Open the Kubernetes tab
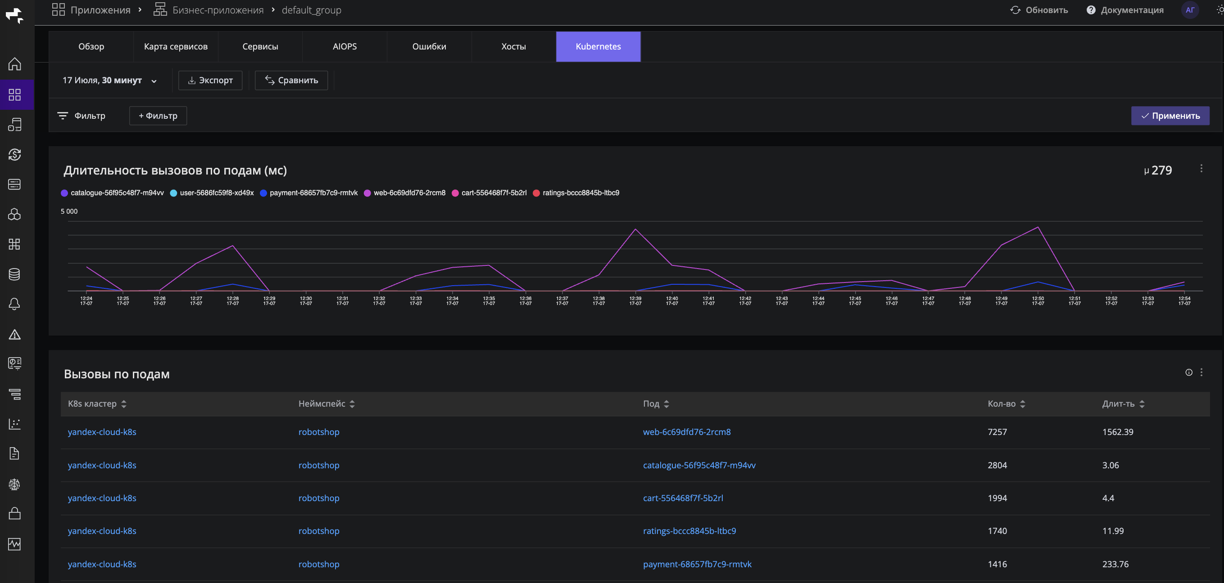pyautogui.click(x=598, y=46)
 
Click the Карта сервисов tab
pyautogui.click(x=176, y=46)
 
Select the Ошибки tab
pyautogui.click(x=429, y=46)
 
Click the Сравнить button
pyautogui.click(x=291, y=80)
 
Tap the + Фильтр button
pyautogui.click(x=158, y=116)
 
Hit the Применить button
pyautogui.click(x=1170, y=116)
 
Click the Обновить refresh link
pyautogui.click(x=1039, y=10)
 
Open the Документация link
pyautogui.click(x=1125, y=10)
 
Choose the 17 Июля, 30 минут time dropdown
pyautogui.click(x=109, y=80)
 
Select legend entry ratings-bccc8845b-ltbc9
pyautogui.click(x=576, y=193)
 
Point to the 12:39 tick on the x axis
pyautogui.click(x=635, y=300)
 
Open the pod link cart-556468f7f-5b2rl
pyautogui.click(x=683, y=498)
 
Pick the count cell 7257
pyautogui.click(x=997, y=432)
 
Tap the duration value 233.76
pyautogui.click(x=1115, y=564)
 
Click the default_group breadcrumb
pyautogui.click(x=312, y=10)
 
